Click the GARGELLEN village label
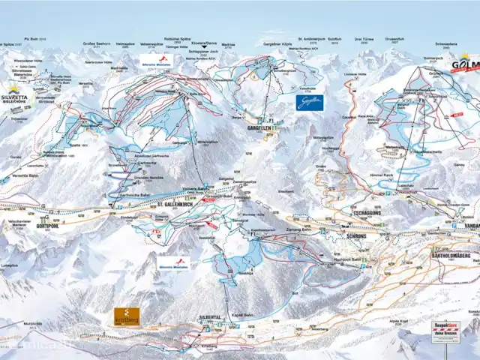tap(258, 127)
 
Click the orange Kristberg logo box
tap(126, 316)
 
